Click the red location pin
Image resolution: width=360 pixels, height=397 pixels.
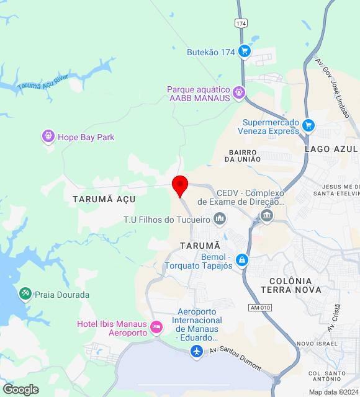[x=180, y=185]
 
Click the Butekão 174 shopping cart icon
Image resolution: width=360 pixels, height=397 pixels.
[x=244, y=51]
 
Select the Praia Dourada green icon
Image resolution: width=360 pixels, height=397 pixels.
[x=25, y=293]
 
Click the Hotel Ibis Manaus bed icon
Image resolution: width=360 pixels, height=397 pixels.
[x=156, y=326]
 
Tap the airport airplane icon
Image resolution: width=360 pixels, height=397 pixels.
[x=197, y=352]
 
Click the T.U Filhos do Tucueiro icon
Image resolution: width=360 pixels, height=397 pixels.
[x=219, y=219]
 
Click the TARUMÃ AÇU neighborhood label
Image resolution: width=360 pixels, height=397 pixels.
[x=104, y=199]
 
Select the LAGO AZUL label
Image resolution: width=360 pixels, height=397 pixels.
[x=331, y=149]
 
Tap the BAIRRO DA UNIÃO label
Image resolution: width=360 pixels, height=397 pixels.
[x=243, y=156]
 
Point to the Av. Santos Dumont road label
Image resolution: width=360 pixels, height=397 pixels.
[x=235, y=359]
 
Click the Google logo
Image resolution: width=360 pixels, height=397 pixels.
[x=20, y=390]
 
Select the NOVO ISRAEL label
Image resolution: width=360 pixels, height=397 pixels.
[x=317, y=344]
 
